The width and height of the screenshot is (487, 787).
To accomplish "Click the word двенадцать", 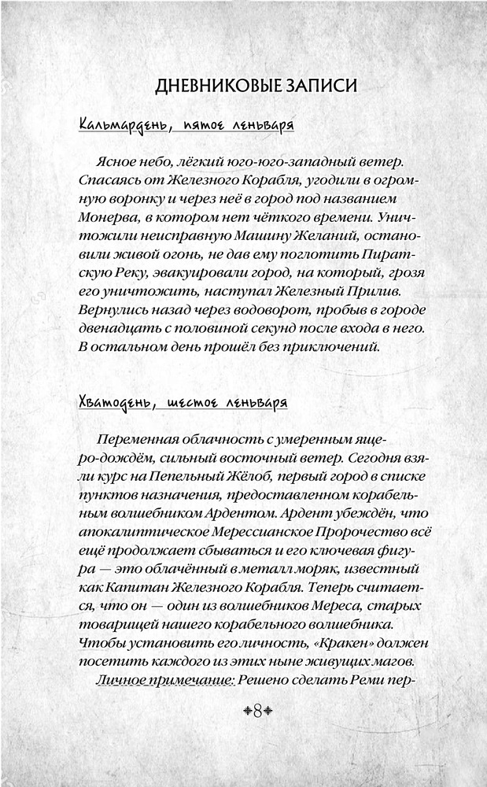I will [116, 327].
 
